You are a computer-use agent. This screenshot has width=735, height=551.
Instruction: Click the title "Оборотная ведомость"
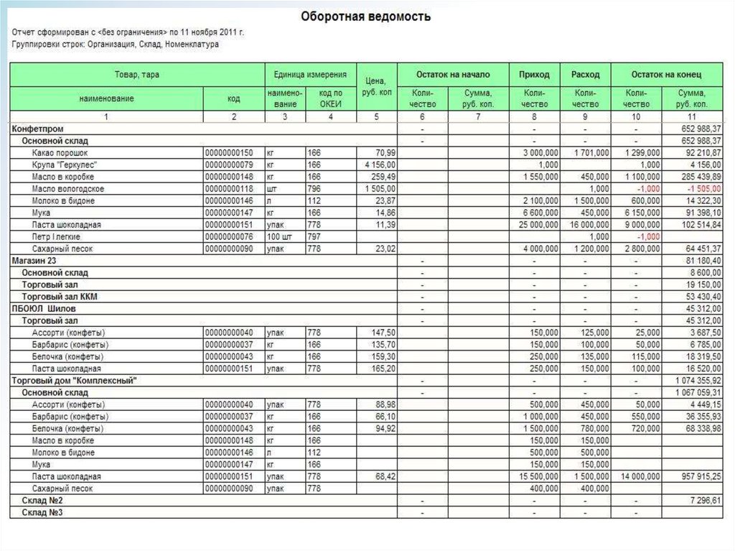coord(366,15)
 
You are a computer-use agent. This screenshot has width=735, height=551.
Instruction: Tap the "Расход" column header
coord(586,75)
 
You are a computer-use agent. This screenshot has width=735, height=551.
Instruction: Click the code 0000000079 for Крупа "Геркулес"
coord(230,165)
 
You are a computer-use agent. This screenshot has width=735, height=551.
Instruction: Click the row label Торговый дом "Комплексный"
coord(74,380)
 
